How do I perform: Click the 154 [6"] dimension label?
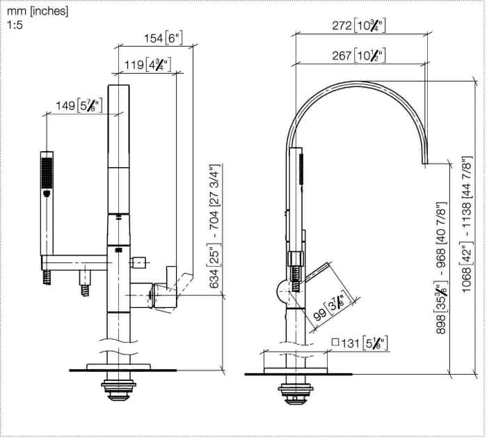click(x=163, y=38)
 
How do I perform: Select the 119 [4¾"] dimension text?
click(x=147, y=65)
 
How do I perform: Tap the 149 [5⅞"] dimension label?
click(x=79, y=105)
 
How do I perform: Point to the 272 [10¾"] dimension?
click(x=359, y=25)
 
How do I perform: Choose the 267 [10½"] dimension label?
click(x=359, y=55)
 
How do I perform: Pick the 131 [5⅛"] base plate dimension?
click(x=360, y=343)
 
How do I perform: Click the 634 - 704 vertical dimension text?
click(x=214, y=226)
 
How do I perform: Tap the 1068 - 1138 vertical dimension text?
click(x=467, y=224)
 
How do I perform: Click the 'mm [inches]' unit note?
click(x=38, y=12)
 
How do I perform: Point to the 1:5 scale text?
click(x=15, y=25)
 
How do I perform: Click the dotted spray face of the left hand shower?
click(x=47, y=173)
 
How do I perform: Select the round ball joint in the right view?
click(x=282, y=291)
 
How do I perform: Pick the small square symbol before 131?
click(x=335, y=343)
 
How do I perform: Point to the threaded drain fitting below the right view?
click(x=296, y=391)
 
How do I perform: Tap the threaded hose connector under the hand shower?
click(x=47, y=277)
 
